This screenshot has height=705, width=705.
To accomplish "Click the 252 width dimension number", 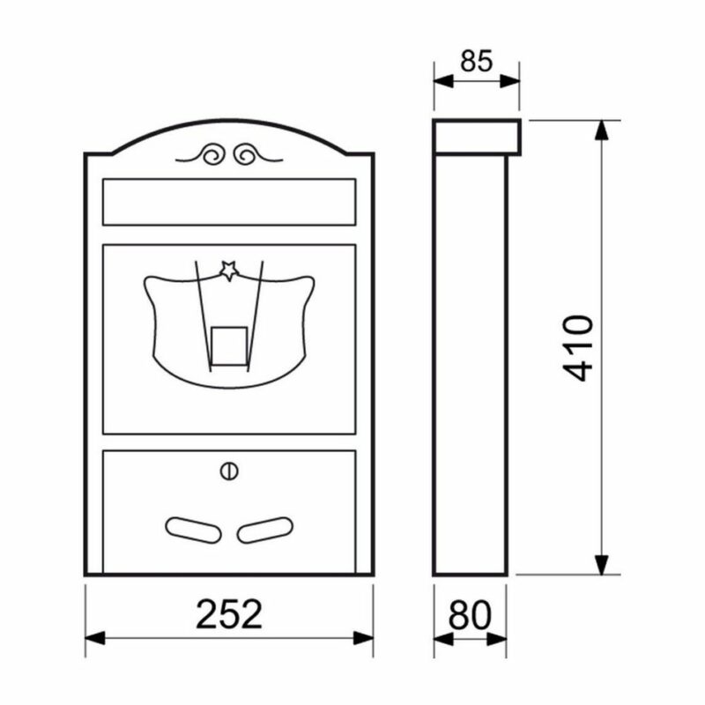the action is pyautogui.click(x=229, y=613).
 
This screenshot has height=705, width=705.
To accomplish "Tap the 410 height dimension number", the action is pyautogui.click(x=578, y=348).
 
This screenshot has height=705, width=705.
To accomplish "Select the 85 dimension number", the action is pyautogui.click(x=477, y=61).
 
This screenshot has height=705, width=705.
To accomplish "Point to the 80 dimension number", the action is pyautogui.click(x=470, y=614).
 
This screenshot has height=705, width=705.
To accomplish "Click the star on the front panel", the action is pyautogui.click(x=229, y=271).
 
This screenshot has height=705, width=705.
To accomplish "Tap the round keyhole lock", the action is pyautogui.click(x=229, y=471).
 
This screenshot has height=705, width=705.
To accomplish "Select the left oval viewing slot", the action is pyautogui.click(x=193, y=531).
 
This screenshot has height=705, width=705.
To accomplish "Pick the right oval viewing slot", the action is pyautogui.click(x=265, y=531).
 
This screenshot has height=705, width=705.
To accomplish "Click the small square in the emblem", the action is pyautogui.click(x=229, y=345).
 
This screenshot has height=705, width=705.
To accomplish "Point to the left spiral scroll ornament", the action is pyautogui.click(x=212, y=155).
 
